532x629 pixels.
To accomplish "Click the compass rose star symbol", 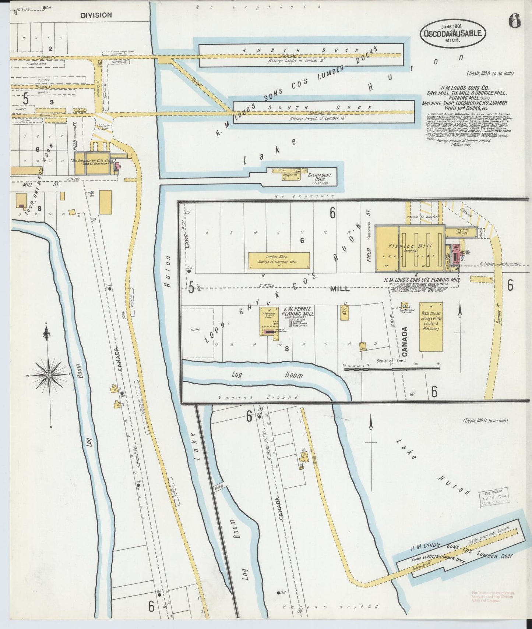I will pyautogui.click(x=48, y=375).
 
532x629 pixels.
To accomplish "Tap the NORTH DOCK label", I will pyautogui.click(x=300, y=50).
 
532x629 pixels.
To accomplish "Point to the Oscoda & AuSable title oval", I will pyautogui.click(x=452, y=33).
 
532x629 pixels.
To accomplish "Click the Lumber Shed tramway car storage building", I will pyautogui.click(x=279, y=260).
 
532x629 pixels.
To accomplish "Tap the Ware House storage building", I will pyautogui.click(x=431, y=326).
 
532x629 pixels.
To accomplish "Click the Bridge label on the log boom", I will pyautogui.click(x=219, y=487).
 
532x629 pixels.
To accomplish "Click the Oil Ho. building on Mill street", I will pyautogui.click(x=345, y=313).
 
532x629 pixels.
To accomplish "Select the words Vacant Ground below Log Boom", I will pyautogui.click(x=258, y=397).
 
